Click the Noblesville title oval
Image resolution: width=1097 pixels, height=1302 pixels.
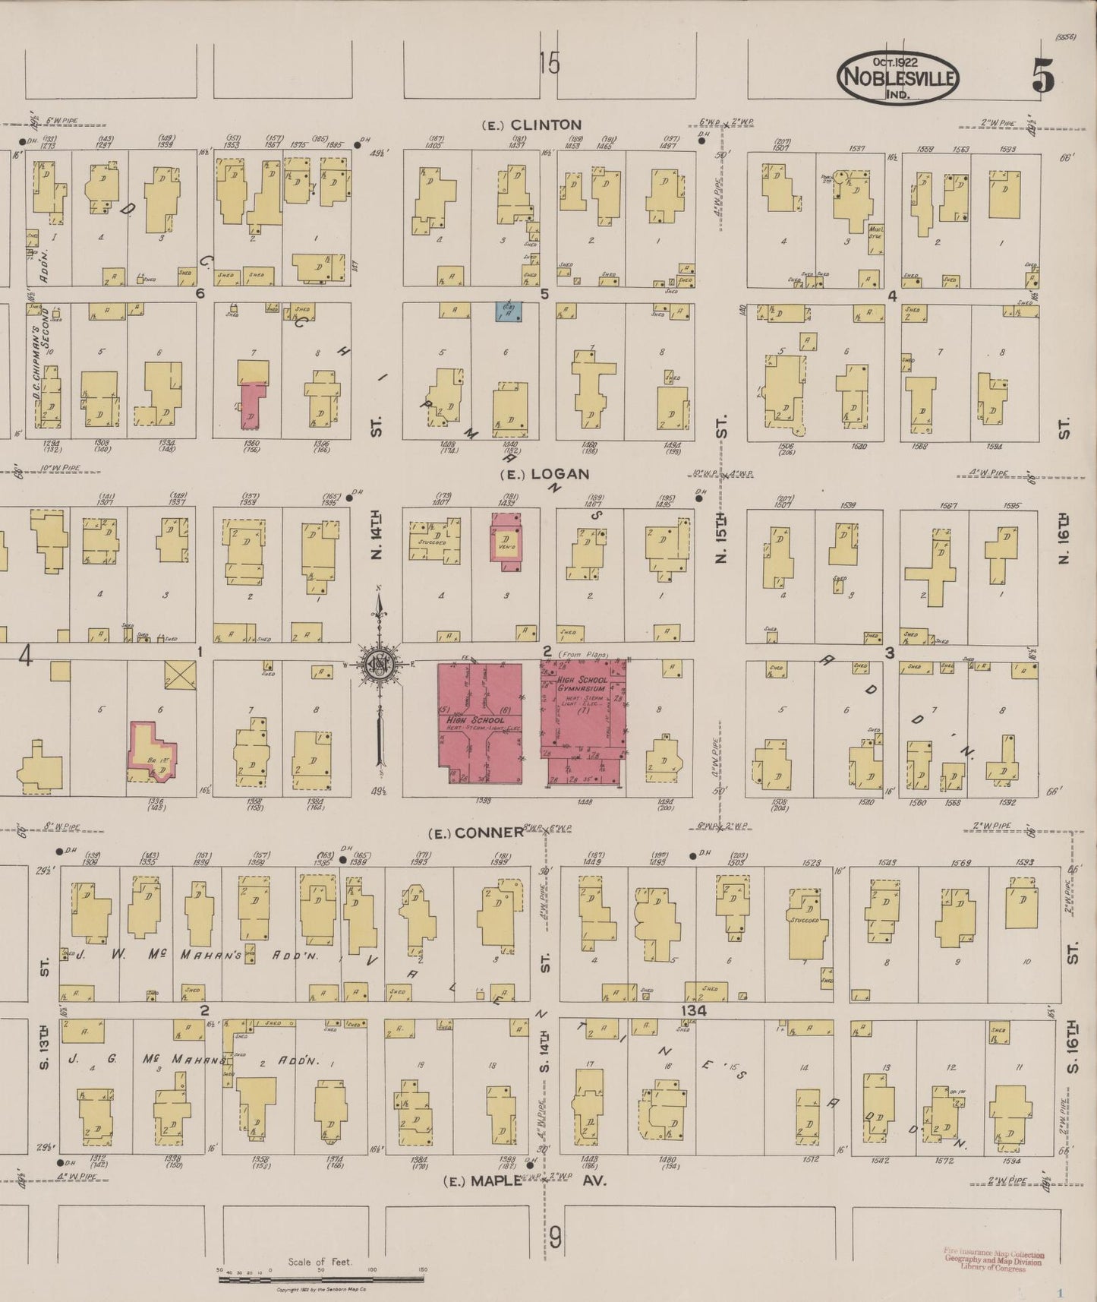coord(897,77)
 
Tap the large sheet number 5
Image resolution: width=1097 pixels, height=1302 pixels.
coord(1043,75)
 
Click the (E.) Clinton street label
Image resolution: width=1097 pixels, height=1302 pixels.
coord(531,125)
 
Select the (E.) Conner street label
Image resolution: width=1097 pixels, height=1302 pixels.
coord(476,833)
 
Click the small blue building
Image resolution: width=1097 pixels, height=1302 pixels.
coord(509,311)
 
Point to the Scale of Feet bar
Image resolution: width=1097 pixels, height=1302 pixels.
coord(322,1279)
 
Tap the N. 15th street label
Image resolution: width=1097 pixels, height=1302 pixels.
coord(721,536)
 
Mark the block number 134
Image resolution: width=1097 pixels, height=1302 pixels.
coord(693,1011)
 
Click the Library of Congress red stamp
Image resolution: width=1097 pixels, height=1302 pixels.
coord(993,1258)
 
